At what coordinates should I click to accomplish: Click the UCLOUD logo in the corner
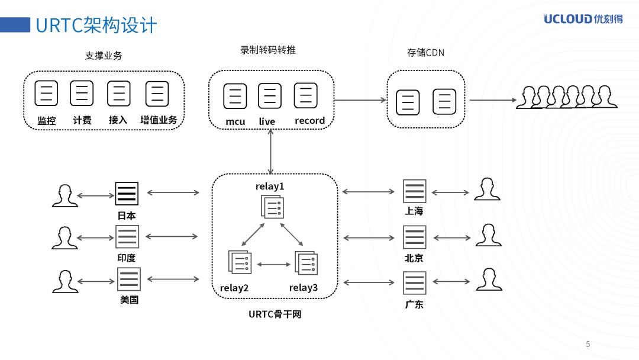click(583, 19)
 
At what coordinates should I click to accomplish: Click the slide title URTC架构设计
click(96, 25)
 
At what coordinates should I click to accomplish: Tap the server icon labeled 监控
click(46, 94)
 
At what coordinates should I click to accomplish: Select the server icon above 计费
click(82, 94)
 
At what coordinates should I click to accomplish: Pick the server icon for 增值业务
click(157, 94)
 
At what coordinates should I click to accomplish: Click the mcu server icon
click(235, 96)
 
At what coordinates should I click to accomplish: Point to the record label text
click(309, 121)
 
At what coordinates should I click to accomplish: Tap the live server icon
click(270, 96)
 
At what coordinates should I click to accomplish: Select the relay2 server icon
click(240, 262)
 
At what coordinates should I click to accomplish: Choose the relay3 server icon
click(306, 262)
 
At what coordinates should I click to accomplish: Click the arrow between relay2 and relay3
click(273, 265)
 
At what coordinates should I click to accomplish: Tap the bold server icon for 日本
click(127, 193)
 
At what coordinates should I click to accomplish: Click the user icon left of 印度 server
click(64, 237)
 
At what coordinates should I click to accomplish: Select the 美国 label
click(129, 300)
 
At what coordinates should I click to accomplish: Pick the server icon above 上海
click(414, 191)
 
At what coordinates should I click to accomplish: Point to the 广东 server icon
click(414, 283)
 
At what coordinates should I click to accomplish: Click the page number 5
click(588, 344)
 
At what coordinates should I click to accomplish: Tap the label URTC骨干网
click(275, 314)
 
